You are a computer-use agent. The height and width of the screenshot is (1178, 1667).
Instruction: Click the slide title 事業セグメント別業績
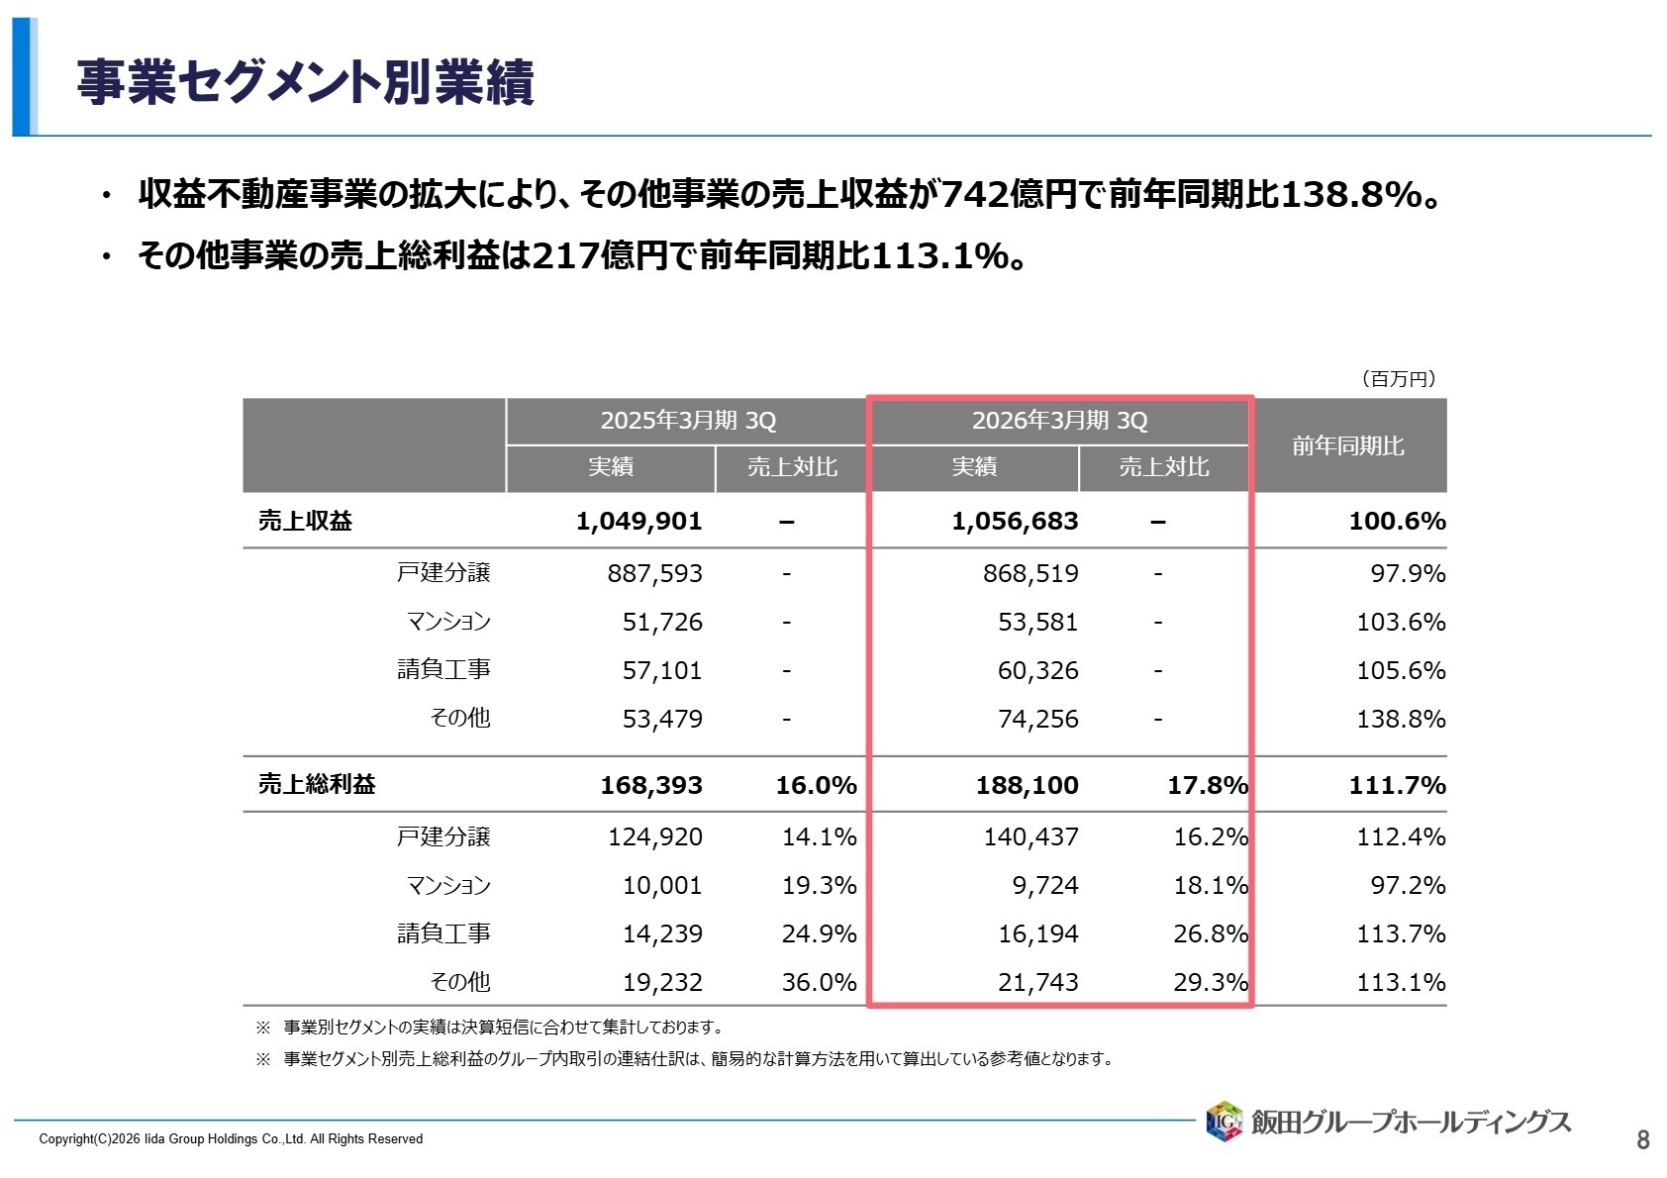click(305, 82)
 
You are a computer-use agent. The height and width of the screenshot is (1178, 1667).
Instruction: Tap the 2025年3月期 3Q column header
click(688, 421)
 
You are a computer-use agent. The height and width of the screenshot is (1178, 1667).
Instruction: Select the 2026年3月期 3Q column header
click(1059, 421)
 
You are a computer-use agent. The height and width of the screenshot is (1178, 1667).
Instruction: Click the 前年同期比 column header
click(1347, 445)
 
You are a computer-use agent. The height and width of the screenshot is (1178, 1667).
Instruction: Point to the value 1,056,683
click(1015, 522)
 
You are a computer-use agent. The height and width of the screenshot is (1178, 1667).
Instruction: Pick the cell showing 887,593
click(654, 574)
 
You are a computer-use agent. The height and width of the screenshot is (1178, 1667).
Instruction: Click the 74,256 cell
click(1037, 720)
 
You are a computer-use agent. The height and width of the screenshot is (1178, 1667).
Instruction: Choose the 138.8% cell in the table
click(1400, 720)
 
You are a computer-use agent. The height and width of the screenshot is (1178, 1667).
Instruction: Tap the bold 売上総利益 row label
click(317, 785)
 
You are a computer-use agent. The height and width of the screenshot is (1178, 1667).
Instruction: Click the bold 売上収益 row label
click(305, 522)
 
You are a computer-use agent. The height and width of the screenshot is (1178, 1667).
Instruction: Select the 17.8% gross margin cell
click(1207, 786)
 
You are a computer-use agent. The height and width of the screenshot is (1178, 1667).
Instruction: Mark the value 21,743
click(1037, 983)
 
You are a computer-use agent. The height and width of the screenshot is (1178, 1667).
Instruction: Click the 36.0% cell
click(819, 983)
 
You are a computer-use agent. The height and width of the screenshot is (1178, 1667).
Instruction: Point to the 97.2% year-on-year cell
click(1407, 886)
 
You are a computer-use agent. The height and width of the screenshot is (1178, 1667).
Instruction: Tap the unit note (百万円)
click(1398, 379)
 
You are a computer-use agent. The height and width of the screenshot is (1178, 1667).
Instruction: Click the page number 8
click(1642, 1140)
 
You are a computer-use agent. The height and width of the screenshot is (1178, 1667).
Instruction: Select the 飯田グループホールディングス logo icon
click(1224, 1122)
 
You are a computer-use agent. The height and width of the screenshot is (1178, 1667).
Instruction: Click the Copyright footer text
click(231, 1139)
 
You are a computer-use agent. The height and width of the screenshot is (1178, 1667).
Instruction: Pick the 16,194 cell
click(1037, 934)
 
